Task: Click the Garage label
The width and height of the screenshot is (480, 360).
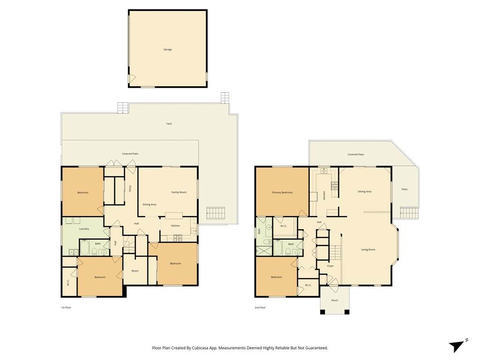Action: click(x=167, y=49)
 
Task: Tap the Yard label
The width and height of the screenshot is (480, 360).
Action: click(x=169, y=124)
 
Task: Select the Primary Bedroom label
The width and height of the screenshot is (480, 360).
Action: click(x=282, y=193)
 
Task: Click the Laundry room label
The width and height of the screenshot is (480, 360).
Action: click(x=84, y=229)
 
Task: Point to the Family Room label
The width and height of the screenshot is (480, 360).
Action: click(x=179, y=192)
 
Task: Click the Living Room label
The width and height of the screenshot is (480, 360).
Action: click(x=368, y=249)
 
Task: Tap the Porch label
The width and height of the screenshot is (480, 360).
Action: click(x=335, y=300)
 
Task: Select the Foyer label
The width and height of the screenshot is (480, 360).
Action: click(x=330, y=266)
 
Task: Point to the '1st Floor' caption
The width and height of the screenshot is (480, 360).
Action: click(x=66, y=307)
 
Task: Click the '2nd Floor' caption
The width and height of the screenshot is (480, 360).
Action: click(x=260, y=307)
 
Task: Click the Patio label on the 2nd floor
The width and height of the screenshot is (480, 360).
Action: click(x=405, y=189)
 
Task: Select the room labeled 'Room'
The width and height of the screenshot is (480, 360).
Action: click(x=135, y=271)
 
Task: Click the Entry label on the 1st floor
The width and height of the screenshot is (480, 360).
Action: click(x=130, y=188)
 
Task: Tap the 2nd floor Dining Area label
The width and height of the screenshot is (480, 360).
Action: click(x=365, y=192)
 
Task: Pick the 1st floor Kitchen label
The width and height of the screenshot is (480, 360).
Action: click(x=175, y=225)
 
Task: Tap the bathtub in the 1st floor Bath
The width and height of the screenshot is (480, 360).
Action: click(x=84, y=248)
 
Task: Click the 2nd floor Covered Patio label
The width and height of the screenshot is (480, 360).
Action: click(x=356, y=155)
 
